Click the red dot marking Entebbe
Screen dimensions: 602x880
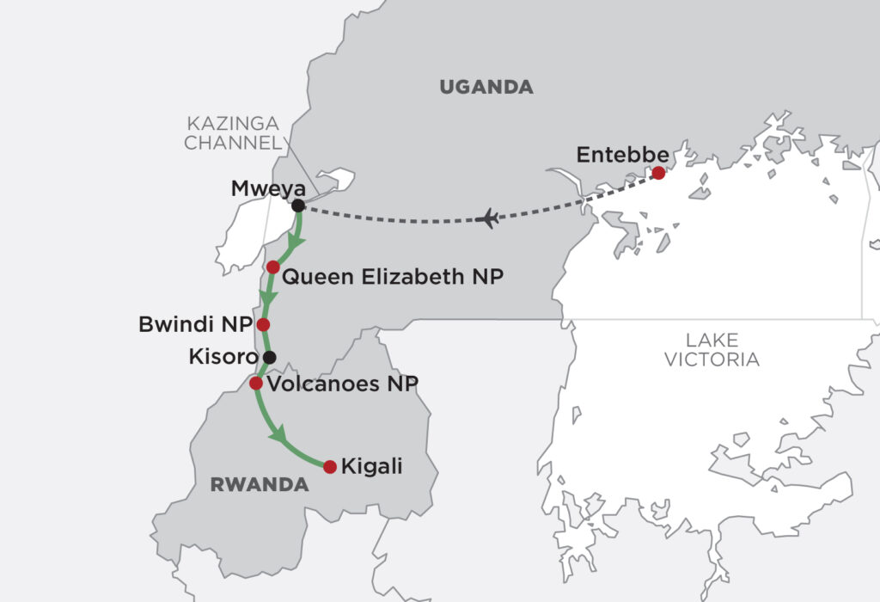click(x=658, y=173)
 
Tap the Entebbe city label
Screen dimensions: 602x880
click(x=622, y=155)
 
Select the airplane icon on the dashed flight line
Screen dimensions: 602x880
click(x=487, y=218)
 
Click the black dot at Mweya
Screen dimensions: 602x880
click(x=297, y=206)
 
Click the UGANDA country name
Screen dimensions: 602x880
click(x=486, y=87)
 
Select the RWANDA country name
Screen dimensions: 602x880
click(x=259, y=485)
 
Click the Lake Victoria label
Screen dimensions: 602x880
click(x=712, y=349)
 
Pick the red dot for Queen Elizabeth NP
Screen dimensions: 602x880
click(x=273, y=267)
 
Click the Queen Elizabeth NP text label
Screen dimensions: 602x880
click(x=392, y=277)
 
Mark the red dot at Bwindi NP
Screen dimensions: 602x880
click(x=263, y=324)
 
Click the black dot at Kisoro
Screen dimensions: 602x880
click(x=270, y=356)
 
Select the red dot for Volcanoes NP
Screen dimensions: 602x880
click(x=255, y=383)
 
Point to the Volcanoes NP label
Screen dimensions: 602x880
click(x=342, y=384)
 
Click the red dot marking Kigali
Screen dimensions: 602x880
click(x=329, y=466)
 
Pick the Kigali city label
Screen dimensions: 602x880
click(x=371, y=467)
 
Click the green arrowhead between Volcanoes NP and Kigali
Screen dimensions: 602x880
click(x=279, y=437)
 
